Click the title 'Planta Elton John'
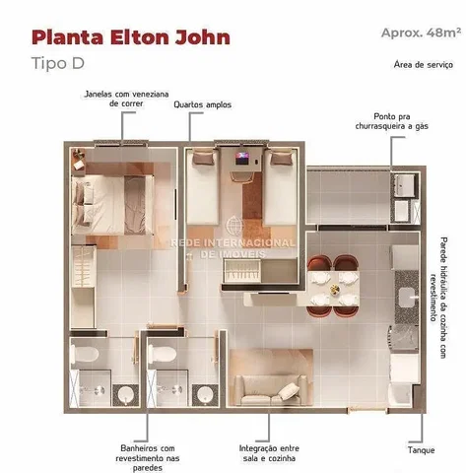coord(131,37)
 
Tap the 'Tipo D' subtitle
coord(58,63)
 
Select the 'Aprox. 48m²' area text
coord(421,33)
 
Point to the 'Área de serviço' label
coord(424,64)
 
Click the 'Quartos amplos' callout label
coord(203,104)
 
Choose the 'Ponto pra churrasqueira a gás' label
coord(392,121)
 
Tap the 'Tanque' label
coord(421,450)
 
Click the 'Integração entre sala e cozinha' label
coord(269,453)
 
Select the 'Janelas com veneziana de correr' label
coord(126,99)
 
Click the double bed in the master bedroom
coord(112,205)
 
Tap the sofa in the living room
coord(271,390)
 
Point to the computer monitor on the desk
coord(243,158)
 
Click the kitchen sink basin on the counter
coord(408,297)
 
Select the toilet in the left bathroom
coord(85,354)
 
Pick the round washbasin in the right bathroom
coord(205,394)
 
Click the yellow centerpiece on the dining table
coord(335,290)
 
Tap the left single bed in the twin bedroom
coord(203,187)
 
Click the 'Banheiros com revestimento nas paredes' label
coord(148,458)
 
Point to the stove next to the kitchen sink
coord(404,339)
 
